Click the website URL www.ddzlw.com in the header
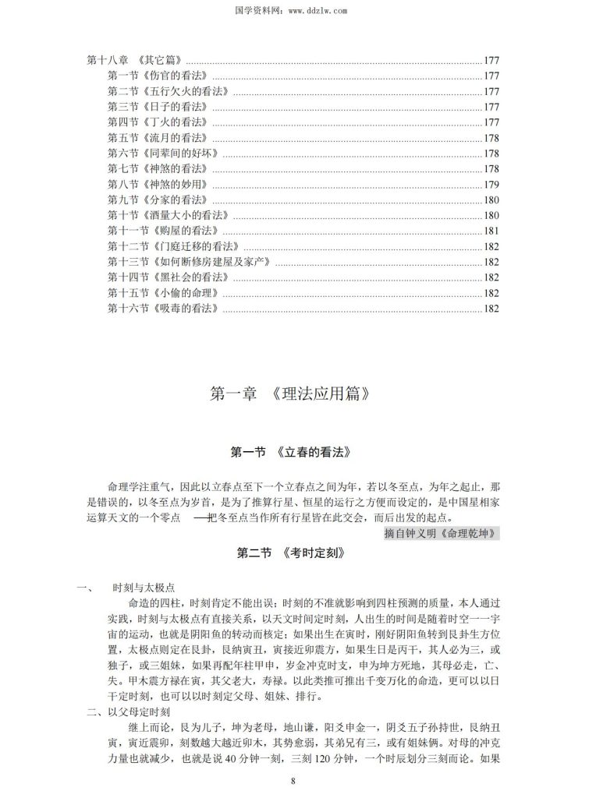pos(317,10)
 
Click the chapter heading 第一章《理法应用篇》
pos(294,393)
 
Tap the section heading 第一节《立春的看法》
pos(295,452)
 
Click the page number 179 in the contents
pos(491,185)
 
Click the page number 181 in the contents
pos(491,231)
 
